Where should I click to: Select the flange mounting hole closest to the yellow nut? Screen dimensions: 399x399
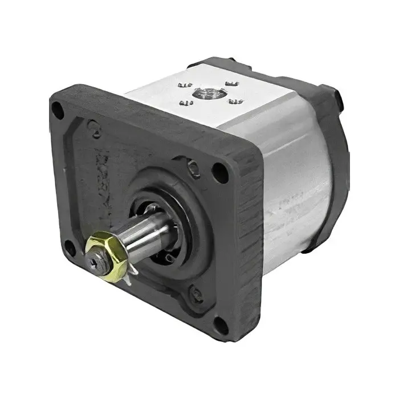[x=70, y=247]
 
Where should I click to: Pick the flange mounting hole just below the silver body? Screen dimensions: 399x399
[x=219, y=169]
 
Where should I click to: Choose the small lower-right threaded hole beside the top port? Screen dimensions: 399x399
[x=234, y=101]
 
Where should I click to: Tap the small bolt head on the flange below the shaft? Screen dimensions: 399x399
[x=197, y=294]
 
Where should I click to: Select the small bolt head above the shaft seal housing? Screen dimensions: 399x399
[x=194, y=166]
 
